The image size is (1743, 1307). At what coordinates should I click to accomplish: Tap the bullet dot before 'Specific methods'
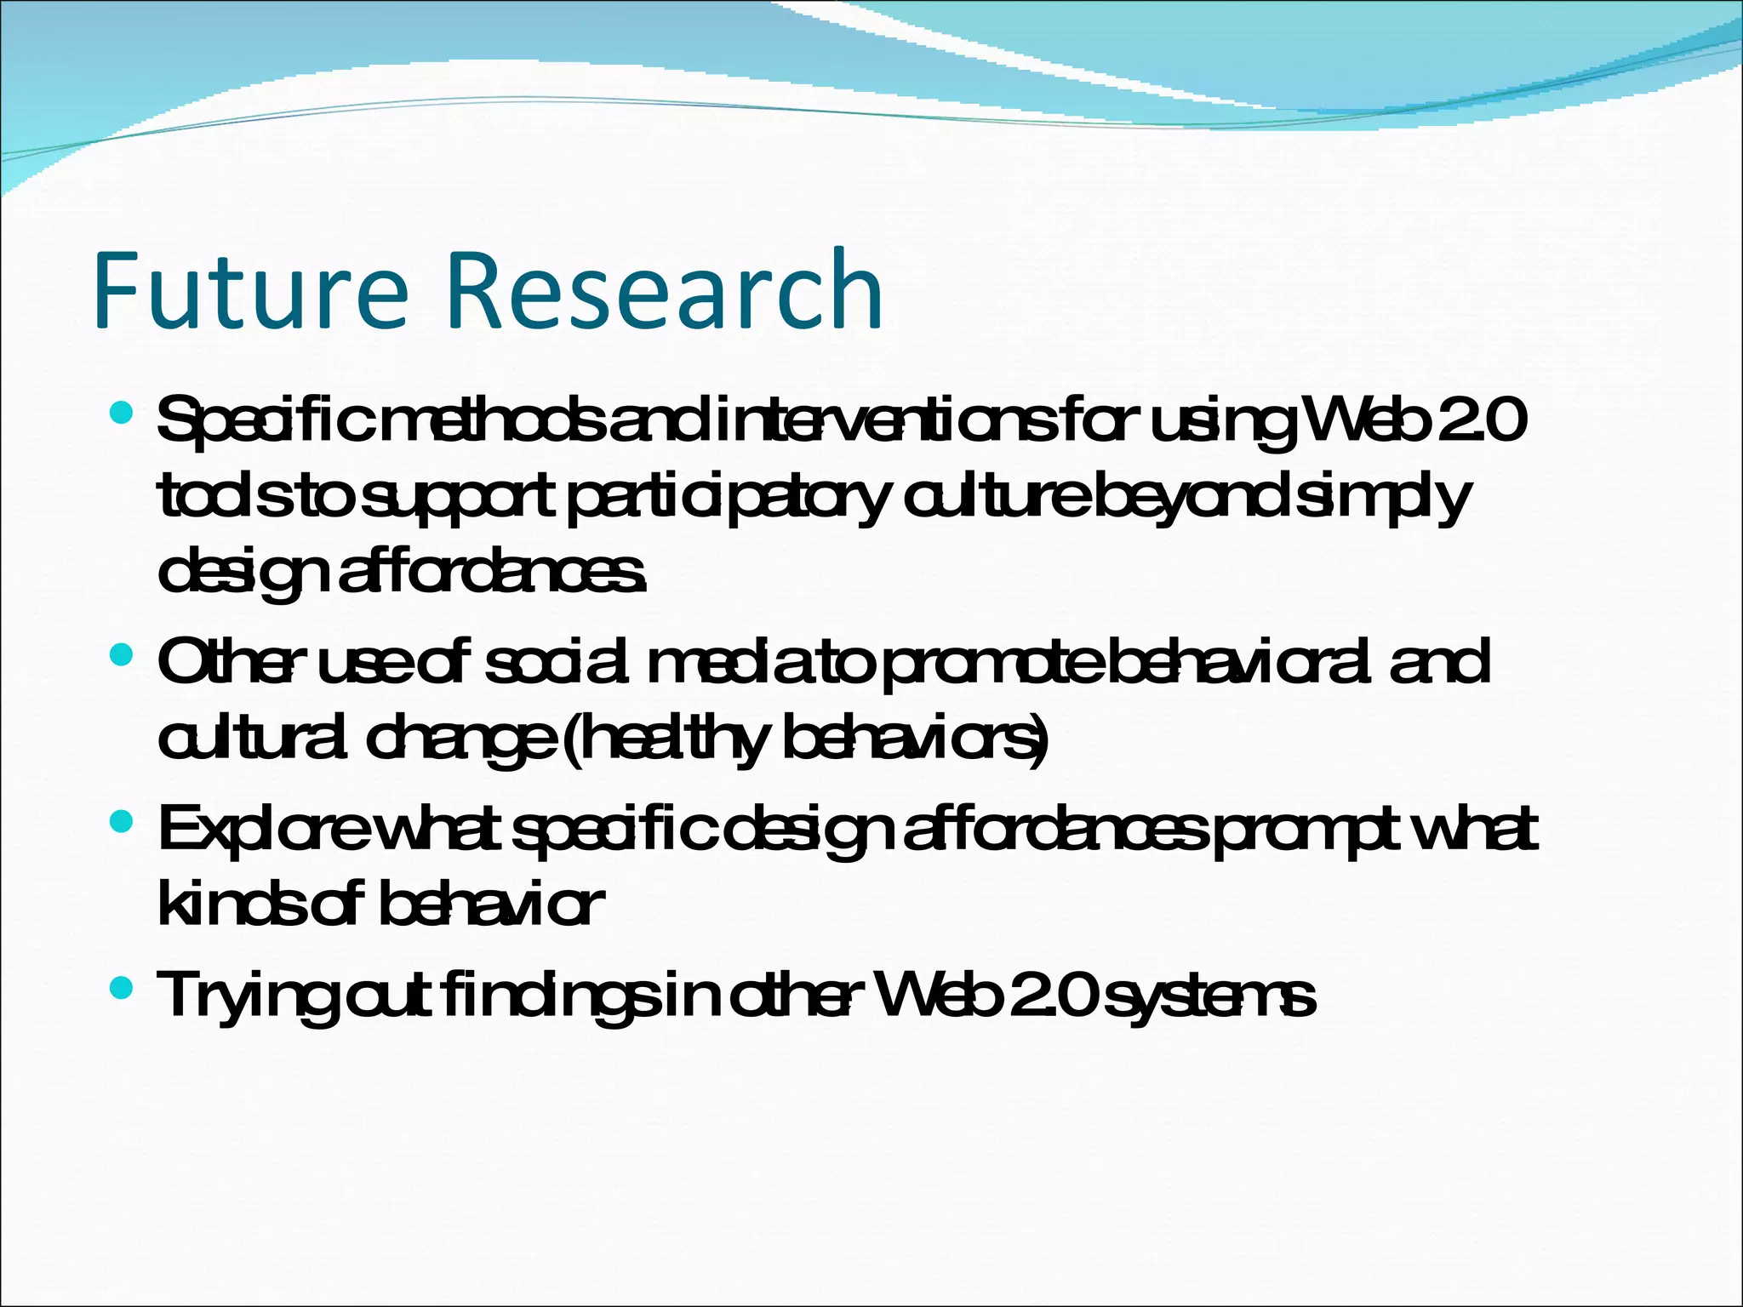(123, 414)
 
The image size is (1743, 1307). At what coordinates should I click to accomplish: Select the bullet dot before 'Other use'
(123, 655)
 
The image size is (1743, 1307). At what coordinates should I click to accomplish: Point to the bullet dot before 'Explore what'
(123, 821)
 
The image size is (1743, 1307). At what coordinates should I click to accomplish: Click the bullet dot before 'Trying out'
(123, 987)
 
